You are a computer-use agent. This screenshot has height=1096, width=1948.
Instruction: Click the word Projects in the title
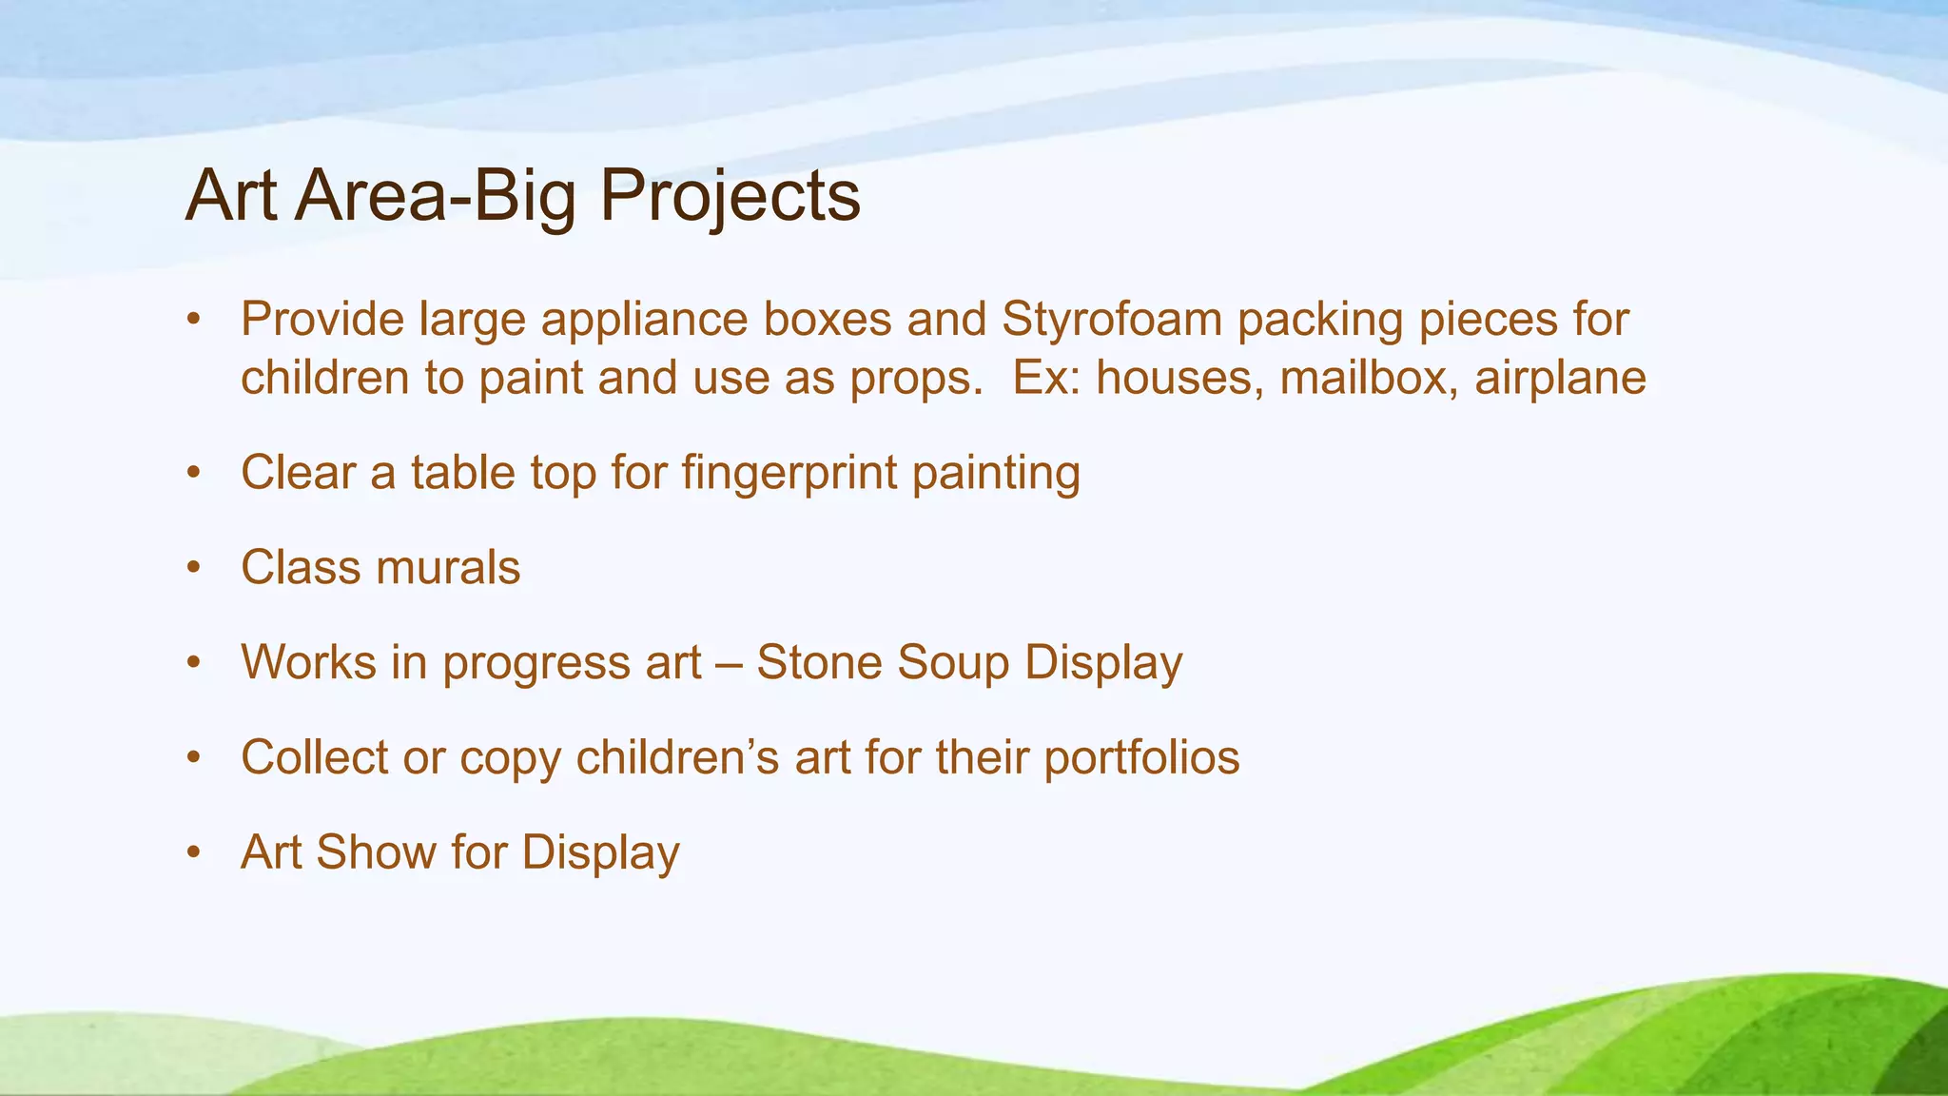pos(730,196)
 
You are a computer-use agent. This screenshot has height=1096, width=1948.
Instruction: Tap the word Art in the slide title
pos(231,196)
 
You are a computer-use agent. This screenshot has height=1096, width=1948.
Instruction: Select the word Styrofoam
pos(1111,320)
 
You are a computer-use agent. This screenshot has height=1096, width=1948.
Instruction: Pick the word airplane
pos(1560,378)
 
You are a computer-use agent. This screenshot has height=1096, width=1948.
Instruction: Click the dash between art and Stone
pos(729,664)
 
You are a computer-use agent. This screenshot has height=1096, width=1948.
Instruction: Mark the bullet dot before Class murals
pos(194,568)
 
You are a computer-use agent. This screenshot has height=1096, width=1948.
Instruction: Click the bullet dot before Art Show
pos(194,853)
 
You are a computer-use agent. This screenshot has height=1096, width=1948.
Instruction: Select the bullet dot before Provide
pos(194,321)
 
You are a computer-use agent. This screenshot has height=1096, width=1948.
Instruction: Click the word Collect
pos(314,758)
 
